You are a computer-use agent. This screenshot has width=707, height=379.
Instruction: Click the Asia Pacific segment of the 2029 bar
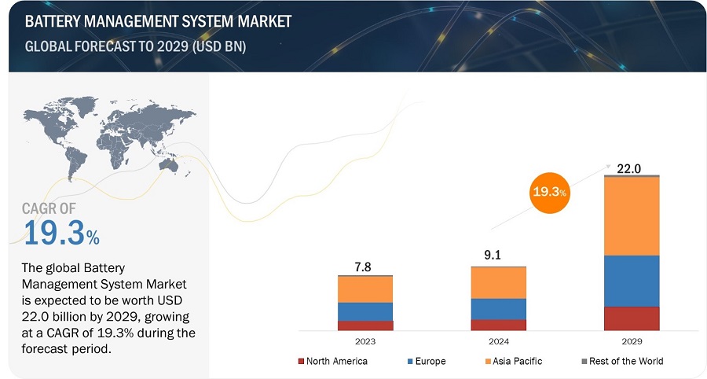[632, 216]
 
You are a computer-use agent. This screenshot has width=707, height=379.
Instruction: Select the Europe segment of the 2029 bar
[632, 281]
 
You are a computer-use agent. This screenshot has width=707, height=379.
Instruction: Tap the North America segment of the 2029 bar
[632, 318]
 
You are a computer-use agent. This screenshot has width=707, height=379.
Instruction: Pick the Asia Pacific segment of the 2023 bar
[365, 289]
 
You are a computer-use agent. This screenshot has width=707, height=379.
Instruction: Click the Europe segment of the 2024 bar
[498, 309]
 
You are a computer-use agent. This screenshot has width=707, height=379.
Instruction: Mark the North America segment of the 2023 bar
[365, 325]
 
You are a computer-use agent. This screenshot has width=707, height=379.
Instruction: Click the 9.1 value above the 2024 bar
[498, 256]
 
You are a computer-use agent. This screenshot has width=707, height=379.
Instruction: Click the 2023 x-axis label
[365, 341]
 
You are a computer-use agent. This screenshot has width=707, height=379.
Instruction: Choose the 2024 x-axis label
[498, 341]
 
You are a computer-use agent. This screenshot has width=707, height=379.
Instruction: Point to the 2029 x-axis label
[632, 341]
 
